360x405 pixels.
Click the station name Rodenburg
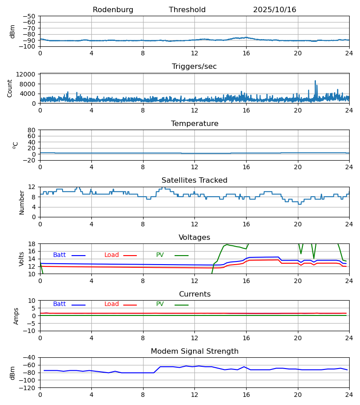point(113,10)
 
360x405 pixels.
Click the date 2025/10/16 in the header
point(274,10)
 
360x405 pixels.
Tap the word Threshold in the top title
point(187,10)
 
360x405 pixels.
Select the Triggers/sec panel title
point(194,67)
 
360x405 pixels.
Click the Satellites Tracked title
point(194,180)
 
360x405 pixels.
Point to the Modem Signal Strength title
point(194,351)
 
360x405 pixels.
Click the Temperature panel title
point(194,124)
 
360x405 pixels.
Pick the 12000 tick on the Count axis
point(28,74)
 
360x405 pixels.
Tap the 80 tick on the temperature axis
point(31,130)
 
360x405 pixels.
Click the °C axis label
point(15,145)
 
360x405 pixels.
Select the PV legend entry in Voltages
point(160,255)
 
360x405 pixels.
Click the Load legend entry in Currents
point(112,304)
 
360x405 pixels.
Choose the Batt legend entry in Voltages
point(59,255)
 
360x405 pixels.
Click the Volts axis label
point(22,259)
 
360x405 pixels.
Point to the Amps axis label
point(16,316)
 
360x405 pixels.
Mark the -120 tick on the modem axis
point(28,387)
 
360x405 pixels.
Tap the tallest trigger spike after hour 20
point(315,81)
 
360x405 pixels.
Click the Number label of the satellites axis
point(22,202)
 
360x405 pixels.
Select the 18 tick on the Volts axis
point(31,244)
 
